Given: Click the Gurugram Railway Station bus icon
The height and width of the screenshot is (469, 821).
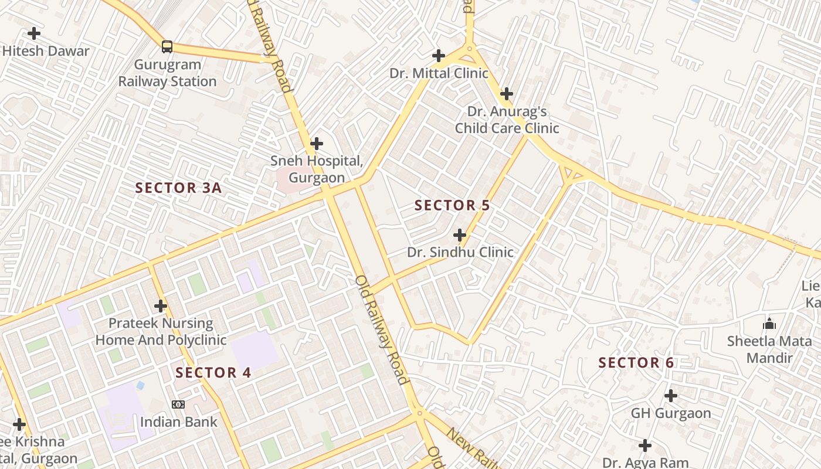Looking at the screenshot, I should tap(167, 47).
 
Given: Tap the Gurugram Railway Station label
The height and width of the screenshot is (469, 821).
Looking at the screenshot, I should tap(168, 73).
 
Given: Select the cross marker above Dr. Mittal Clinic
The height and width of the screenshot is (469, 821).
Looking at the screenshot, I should tap(438, 56).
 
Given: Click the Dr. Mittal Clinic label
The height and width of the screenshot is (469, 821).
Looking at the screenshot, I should tap(439, 73).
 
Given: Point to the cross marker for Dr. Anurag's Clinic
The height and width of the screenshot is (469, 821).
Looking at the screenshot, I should tap(507, 94).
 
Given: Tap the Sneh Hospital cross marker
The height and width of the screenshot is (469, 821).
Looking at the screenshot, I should tap(317, 143).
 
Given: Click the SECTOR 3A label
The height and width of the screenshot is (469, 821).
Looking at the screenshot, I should tap(178, 188).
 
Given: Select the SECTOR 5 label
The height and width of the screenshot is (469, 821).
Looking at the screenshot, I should tap(452, 206).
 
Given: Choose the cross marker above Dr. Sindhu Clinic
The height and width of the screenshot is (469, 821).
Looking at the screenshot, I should tap(460, 236).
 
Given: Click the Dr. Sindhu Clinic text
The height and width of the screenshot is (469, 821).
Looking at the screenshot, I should tap(460, 253).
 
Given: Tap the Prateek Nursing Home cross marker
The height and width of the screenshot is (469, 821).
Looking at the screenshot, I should tap(161, 306).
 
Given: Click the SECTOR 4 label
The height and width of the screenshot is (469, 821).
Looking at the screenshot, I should tap(213, 373).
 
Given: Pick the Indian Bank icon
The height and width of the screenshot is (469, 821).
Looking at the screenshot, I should tap(178, 405).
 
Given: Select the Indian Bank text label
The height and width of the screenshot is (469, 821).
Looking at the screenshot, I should tap(178, 422).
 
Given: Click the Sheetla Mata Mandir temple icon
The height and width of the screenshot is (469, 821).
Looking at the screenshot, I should tap(769, 324).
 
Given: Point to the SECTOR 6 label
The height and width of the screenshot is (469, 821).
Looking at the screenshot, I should tap(636, 363).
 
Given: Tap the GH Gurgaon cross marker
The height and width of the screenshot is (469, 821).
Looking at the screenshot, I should tap(671, 396).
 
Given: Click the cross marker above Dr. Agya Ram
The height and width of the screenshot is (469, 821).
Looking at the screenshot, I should tap(645, 446).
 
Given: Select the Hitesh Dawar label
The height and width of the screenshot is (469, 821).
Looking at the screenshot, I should tap(46, 51).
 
